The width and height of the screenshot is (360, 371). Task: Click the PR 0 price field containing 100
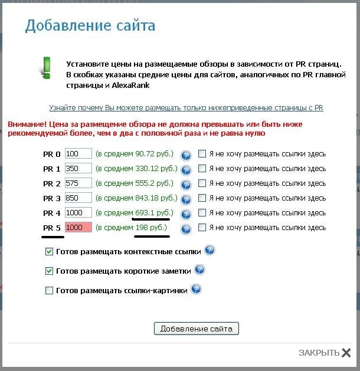(78, 154)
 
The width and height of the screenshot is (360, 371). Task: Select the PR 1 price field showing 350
(78, 169)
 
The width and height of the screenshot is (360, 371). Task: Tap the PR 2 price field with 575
(78, 183)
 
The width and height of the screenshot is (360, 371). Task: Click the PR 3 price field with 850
(78, 198)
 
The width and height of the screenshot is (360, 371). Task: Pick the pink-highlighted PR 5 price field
(78, 228)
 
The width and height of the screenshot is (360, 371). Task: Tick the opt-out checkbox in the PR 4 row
(202, 213)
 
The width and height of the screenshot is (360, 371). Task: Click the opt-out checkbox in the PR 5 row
(202, 228)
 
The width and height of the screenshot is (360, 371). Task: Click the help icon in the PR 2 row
(186, 185)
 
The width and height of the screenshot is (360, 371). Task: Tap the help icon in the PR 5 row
(186, 229)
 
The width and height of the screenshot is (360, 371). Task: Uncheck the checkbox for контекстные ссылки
(50, 252)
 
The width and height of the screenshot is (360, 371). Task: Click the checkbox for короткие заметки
(50, 271)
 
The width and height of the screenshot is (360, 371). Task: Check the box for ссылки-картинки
(50, 290)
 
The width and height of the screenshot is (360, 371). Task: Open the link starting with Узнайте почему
(186, 108)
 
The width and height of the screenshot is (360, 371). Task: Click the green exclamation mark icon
(45, 67)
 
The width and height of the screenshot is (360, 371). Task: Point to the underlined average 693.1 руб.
(153, 212)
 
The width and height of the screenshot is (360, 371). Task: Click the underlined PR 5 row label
(52, 228)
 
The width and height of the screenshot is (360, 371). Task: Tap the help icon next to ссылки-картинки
(196, 289)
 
